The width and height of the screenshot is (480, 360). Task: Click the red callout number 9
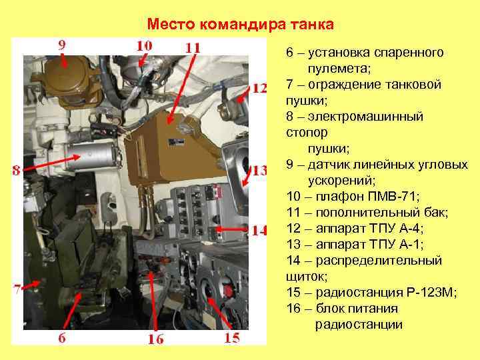pos(62,45)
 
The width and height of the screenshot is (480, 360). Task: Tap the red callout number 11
pos(193,48)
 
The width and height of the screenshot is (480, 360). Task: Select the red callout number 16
pos(156,339)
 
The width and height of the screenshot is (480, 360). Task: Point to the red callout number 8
pos(17,170)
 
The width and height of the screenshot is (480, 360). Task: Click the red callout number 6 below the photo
pos(62,337)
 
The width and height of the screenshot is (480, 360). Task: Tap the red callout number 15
pos(232,337)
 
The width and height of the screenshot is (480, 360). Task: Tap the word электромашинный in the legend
pos(365,117)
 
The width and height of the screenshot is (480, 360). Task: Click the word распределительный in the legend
pos(379,261)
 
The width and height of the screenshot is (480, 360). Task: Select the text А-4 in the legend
pos(410,229)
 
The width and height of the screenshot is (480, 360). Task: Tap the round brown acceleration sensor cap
pos(65,74)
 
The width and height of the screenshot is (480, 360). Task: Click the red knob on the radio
pos(228,289)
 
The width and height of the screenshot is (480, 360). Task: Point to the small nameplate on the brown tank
pos(176,142)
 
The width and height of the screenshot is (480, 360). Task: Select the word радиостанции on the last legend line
pos(359,325)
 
